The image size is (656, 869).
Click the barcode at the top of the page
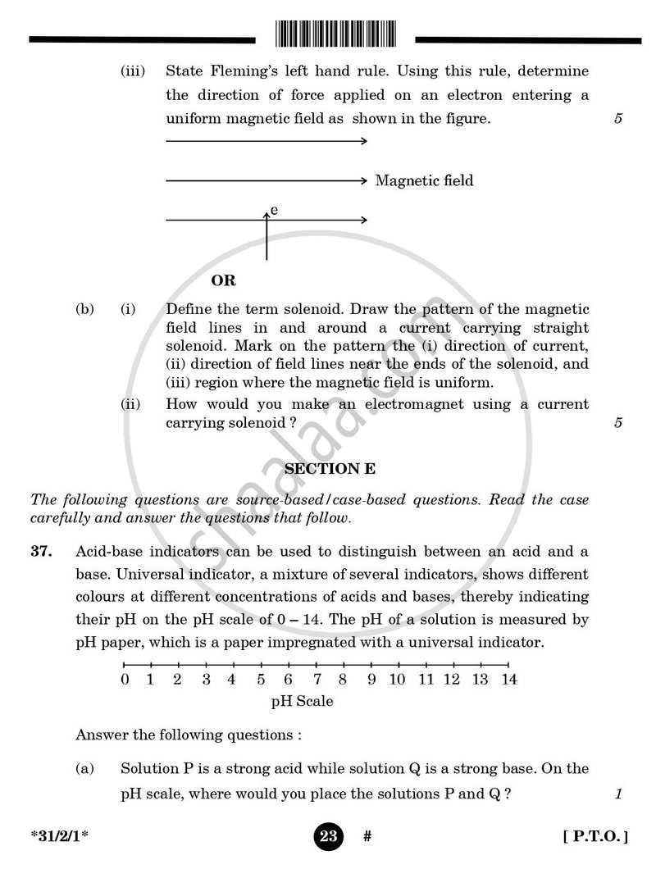[x=334, y=34]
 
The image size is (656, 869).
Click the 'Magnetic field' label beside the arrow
[x=424, y=180]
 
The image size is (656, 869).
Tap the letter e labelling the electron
[x=274, y=211]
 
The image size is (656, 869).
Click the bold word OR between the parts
[x=223, y=280]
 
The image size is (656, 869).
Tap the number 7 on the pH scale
[x=317, y=679]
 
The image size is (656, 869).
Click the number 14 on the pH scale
[x=508, y=679]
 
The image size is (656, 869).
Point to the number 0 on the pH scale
[x=125, y=679]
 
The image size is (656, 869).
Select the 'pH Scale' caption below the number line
[x=302, y=702]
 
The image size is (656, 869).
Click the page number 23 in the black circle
[x=328, y=836]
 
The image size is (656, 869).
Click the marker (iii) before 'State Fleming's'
[x=133, y=71]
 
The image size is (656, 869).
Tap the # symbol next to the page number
[x=367, y=836]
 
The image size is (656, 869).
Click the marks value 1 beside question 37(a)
[x=618, y=793]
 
